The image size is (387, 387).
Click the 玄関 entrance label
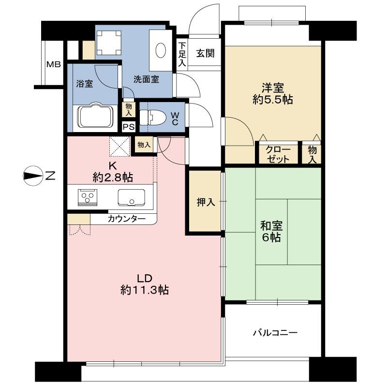(205, 53)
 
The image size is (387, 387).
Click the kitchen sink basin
(131, 197)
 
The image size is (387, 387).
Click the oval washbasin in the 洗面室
(161, 50)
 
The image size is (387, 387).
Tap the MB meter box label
(53, 64)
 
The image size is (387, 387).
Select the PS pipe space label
(128, 127)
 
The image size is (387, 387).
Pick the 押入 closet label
(205, 202)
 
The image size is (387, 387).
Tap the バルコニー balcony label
(275, 333)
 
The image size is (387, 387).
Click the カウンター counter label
(126, 219)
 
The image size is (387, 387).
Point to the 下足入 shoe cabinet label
(182, 53)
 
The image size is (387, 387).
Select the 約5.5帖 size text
(273, 100)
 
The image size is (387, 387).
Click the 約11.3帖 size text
(144, 290)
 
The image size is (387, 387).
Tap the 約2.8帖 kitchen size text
(113, 177)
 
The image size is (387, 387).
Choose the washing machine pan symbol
(108, 43)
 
